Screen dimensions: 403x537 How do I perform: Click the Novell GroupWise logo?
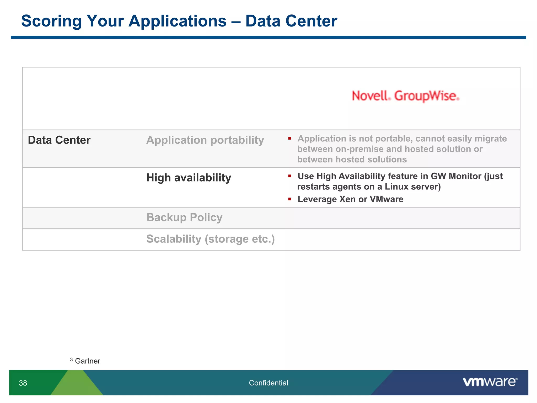(x=405, y=96)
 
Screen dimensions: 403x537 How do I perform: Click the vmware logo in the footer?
(x=490, y=382)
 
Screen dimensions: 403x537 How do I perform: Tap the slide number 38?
(x=23, y=383)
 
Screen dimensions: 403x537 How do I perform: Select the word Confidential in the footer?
(x=268, y=383)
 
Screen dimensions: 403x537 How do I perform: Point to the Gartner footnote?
(x=87, y=361)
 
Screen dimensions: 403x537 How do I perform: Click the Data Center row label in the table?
(x=59, y=140)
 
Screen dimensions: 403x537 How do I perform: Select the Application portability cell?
(x=205, y=140)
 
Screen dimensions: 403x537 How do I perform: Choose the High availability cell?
(x=189, y=178)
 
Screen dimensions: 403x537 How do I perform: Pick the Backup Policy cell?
(x=184, y=218)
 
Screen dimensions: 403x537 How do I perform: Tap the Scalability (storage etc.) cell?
(x=210, y=239)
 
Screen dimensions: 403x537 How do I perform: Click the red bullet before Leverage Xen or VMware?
(x=289, y=199)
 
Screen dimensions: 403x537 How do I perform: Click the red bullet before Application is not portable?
(x=289, y=138)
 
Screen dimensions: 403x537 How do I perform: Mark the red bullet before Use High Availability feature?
(x=289, y=176)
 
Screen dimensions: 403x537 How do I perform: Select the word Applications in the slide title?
(x=177, y=21)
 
